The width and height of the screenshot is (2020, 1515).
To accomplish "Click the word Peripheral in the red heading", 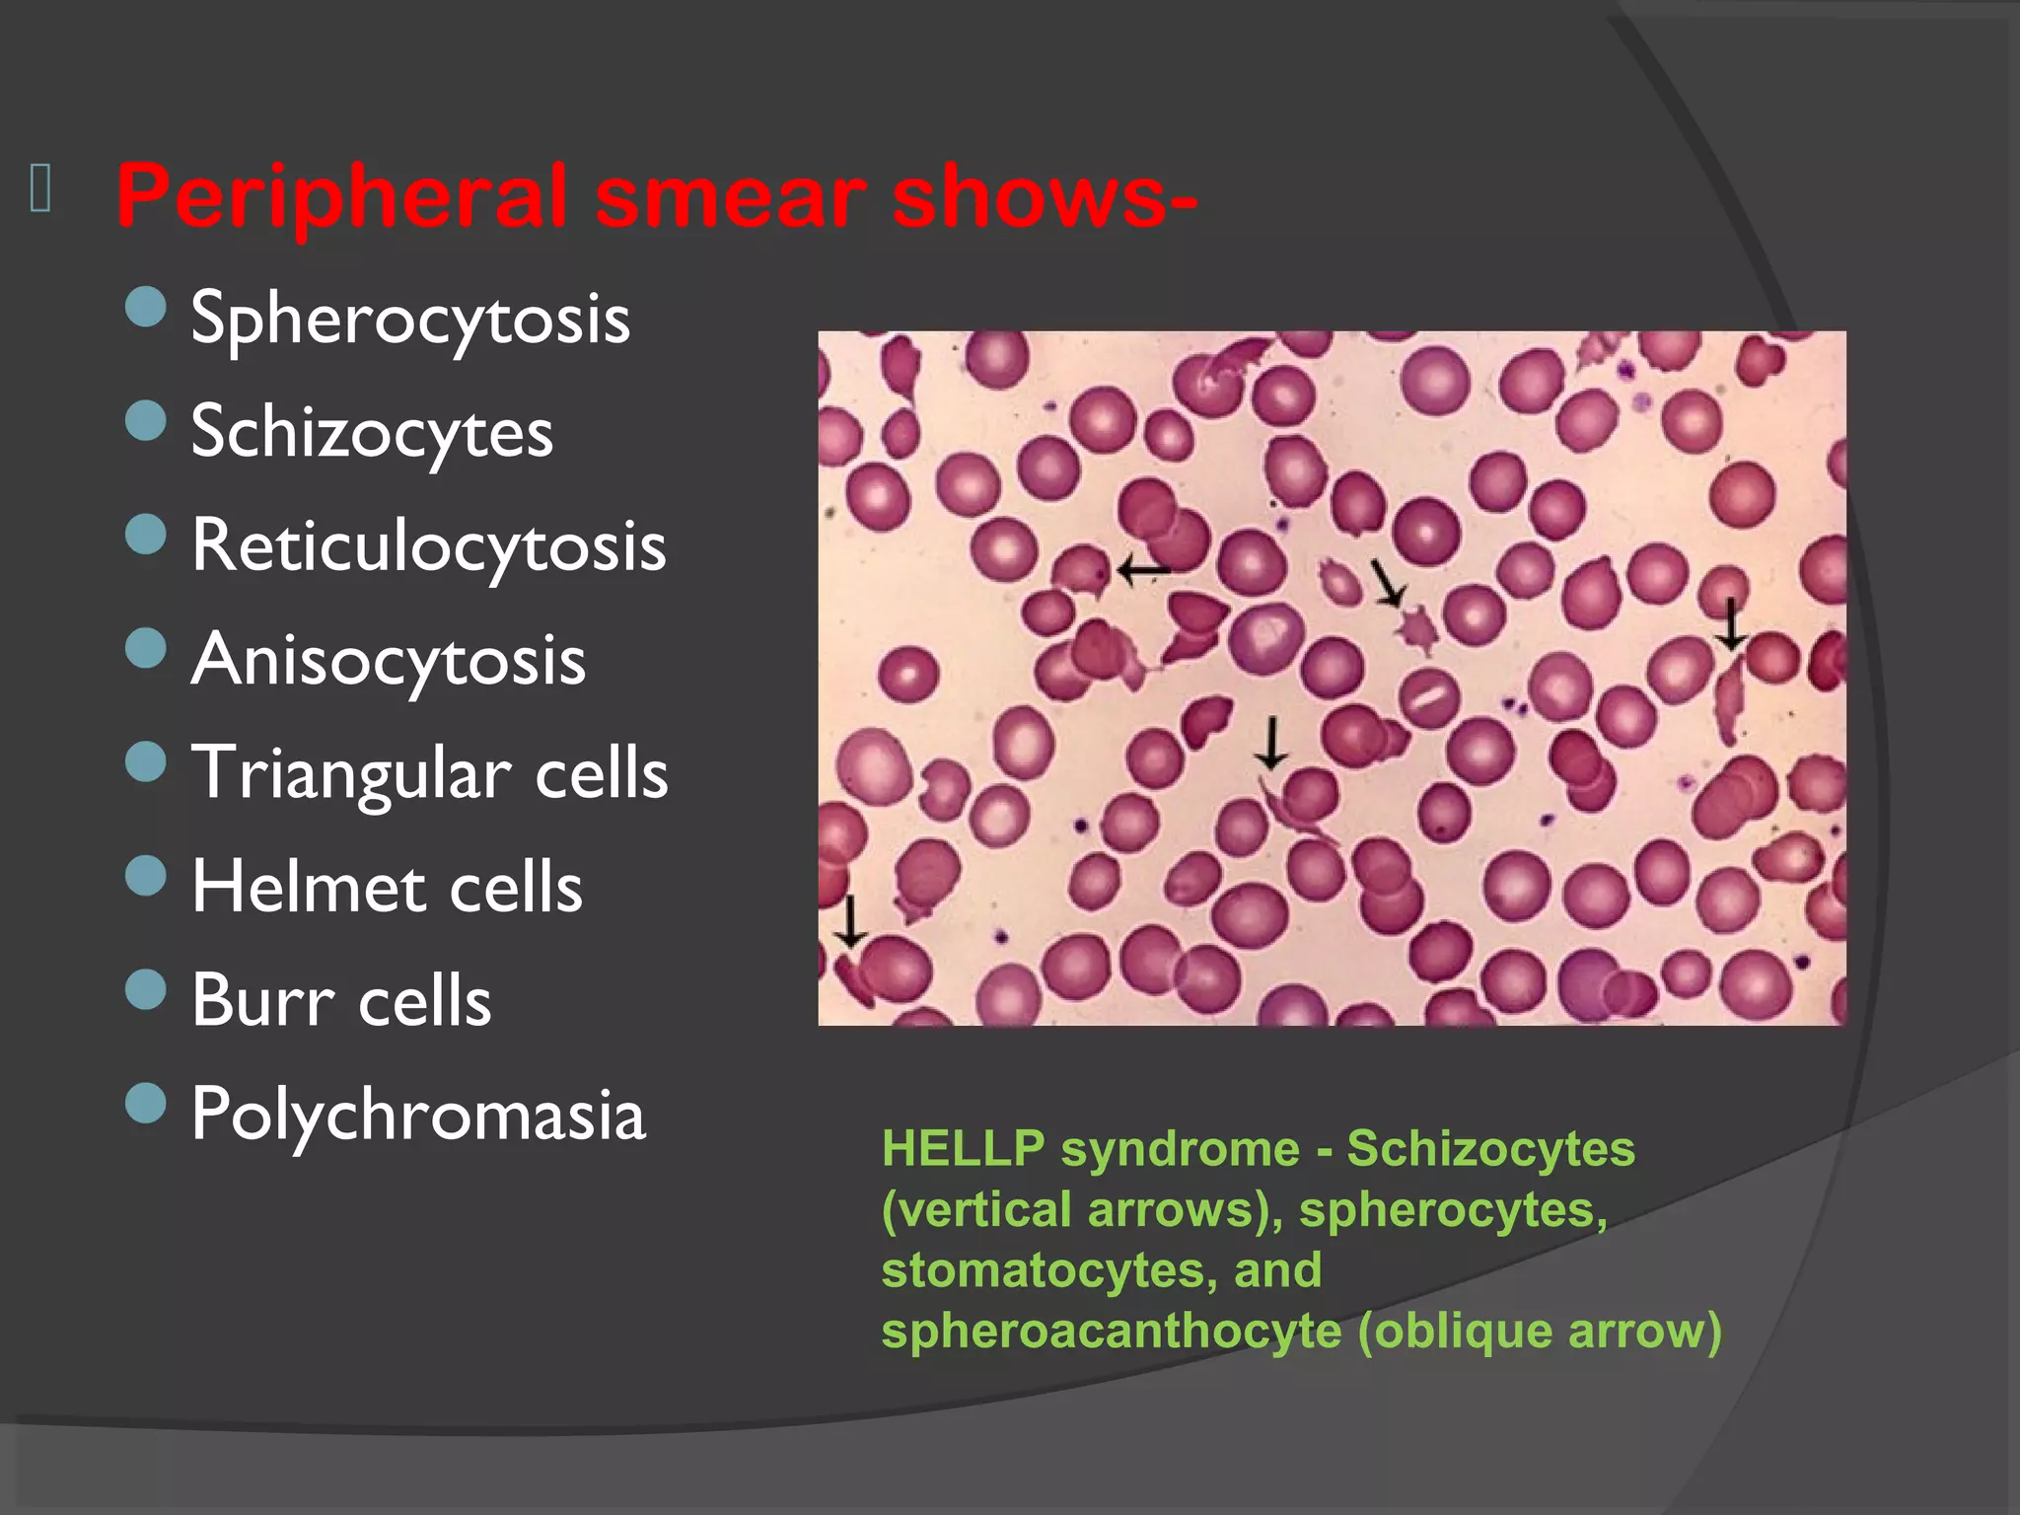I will [x=341, y=197].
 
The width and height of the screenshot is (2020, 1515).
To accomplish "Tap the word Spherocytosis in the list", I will [x=410, y=320].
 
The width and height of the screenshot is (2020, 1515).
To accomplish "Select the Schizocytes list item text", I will [x=372, y=433].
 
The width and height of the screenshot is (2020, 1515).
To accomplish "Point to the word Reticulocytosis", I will [x=429, y=546].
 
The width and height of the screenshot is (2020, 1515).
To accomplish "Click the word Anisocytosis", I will [x=389, y=660].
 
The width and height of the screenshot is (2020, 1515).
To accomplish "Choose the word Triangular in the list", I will [x=351, y=773].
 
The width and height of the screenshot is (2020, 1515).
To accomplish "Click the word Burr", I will [x=262, y=1000].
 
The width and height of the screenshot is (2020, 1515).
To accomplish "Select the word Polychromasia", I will [x=418, y=1115].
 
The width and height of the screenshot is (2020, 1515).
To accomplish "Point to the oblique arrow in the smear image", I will [x=1387, y=582].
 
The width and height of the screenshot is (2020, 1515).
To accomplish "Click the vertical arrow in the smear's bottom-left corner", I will [x=850, y=921].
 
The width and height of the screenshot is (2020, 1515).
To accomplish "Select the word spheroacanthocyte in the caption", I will [x=1112, y=1331].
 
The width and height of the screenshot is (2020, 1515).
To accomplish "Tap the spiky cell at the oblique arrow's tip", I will [x=1417, y=628].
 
